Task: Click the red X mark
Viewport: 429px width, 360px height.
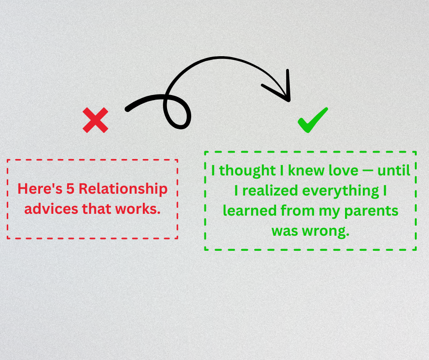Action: pos(95,120)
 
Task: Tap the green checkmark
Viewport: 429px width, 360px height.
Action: pos(313,120)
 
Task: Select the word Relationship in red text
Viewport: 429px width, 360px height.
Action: pos(123,189)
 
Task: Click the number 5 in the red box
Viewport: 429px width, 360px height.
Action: pos(70,189)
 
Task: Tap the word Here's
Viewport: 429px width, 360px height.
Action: pos(40,189)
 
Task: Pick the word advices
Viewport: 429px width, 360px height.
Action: pos(51,209)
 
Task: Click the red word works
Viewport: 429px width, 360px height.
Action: pos(138,209)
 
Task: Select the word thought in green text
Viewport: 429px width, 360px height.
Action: pos(247,171)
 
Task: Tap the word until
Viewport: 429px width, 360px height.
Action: pos(394,170)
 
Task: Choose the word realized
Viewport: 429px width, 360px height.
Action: pos(270,191)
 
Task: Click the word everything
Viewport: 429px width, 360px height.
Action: pos(340,191)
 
